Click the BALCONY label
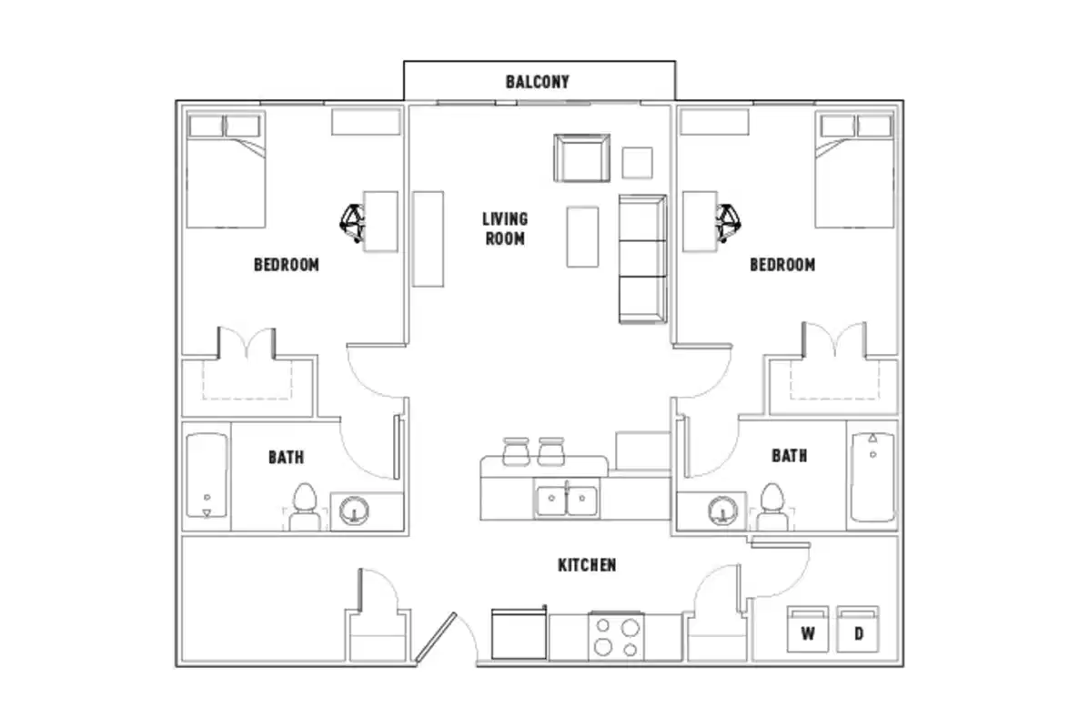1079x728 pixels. coord(538,82)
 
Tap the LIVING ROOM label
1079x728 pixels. coord(505,228)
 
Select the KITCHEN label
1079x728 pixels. coord(587,565)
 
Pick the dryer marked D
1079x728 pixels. coord(858,630)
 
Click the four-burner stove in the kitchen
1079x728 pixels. coord(617,636)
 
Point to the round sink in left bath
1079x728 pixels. coord(353,511)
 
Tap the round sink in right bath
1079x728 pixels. coord(722,511)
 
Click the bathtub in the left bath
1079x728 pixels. coord(207,476)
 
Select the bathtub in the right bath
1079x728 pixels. coord(872,476)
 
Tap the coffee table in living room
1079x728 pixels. coord(582,237)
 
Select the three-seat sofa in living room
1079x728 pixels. coord(642,258)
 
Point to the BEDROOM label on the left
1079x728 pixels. coord(287,265)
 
